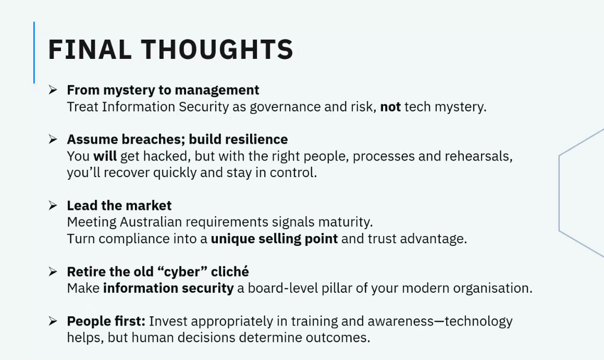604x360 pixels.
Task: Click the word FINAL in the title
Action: click(90, 49)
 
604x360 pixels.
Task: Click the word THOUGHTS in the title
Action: click(217, 49)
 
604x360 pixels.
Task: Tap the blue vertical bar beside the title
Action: click(34, 53)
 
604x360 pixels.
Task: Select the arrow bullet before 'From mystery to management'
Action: click(53, 90)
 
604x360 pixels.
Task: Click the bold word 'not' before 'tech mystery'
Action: click(390, 107)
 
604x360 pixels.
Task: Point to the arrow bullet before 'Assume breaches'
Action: click(53, 140)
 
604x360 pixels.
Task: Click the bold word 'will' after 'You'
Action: click(105, 156)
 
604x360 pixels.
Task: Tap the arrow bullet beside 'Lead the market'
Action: click(53, 206)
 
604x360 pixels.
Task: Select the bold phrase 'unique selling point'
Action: click(274, 239)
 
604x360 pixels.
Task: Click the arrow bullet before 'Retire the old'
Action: click(53, 272)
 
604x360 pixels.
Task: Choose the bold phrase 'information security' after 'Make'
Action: click(168, 288)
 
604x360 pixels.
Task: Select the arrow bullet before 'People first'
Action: click(53, 321)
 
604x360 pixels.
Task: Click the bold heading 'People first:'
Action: click(106, 321)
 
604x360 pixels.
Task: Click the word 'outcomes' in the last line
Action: click(338, 338)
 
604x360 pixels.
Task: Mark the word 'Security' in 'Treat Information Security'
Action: click(204, 107)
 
